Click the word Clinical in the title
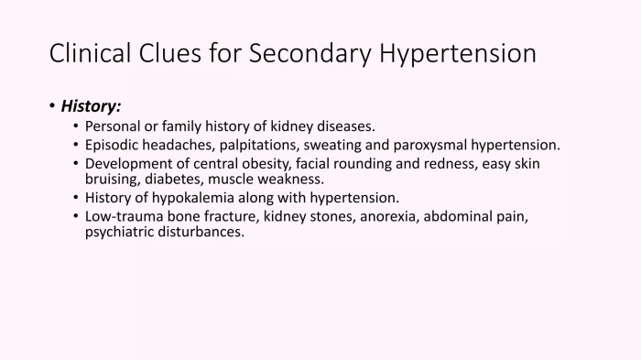(x=91, y=53)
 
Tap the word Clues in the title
(x=181, y=53)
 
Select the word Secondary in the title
(x=310, y=53)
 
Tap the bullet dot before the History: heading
(x=52, y=106)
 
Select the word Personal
(x=114, y=126)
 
